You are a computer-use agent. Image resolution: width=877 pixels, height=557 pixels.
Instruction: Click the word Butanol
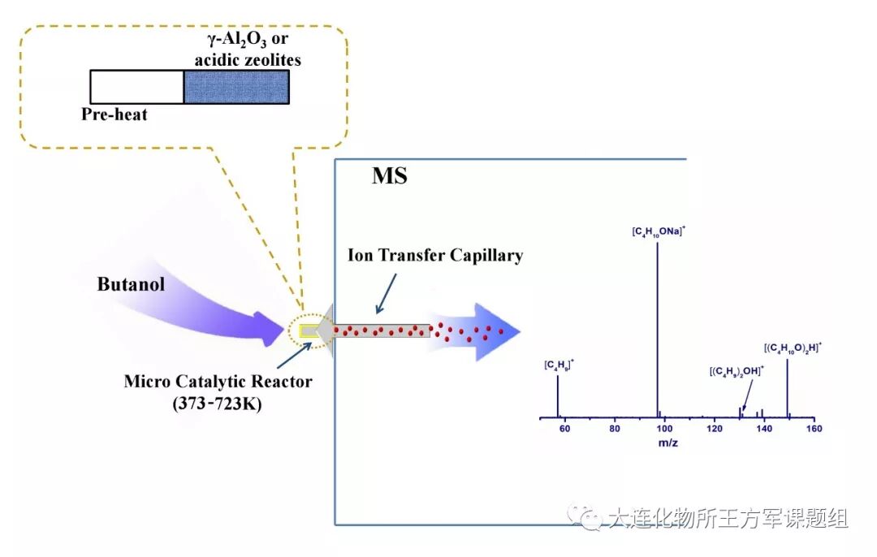132,284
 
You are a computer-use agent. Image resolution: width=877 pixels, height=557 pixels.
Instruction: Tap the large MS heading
390,176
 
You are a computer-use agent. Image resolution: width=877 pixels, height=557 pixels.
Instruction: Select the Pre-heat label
114,114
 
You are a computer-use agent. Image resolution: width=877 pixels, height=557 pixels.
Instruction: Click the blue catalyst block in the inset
236,87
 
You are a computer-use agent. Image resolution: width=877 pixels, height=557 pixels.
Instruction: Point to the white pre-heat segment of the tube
136,87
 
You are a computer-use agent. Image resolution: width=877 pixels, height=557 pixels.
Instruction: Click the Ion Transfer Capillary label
435,256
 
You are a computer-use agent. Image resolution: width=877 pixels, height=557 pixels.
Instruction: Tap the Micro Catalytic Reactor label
218,381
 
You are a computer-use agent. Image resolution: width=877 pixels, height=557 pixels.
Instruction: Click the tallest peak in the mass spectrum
657,325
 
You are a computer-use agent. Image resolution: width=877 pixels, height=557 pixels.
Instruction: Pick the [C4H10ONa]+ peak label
659,231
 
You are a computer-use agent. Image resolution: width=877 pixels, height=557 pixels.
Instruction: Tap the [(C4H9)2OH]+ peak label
736,372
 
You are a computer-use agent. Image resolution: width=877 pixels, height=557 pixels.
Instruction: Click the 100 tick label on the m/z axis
664,429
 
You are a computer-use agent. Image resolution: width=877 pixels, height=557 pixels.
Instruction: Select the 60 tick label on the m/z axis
564,429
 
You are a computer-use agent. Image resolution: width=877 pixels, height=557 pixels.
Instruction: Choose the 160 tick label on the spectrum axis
814,429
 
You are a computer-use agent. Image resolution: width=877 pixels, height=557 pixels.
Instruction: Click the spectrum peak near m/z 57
558,398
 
